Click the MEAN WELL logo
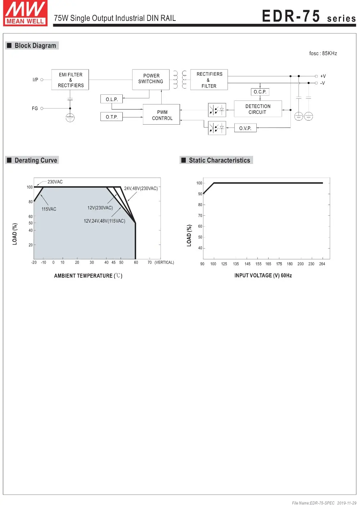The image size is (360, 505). click(25, 13)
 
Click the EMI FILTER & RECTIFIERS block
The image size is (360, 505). click(70, 80)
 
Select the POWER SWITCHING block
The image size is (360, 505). click(151, 79)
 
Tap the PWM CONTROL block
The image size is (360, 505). click(162, 115)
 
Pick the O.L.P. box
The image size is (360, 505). click(112, 99)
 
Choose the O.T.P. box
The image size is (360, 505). click(112, 117)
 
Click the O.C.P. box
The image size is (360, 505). click(260, 92)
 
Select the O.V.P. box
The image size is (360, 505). click(245, 128)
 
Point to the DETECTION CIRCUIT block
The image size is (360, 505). click(258, 109)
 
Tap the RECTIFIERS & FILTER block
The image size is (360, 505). click(209, 80)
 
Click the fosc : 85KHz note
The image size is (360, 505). click(323, 53)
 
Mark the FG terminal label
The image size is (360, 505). click(35, 108)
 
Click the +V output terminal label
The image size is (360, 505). click(323, 76)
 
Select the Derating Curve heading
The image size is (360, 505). click(36, 160)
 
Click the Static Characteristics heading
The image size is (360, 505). click(219, 160)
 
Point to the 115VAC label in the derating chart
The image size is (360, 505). click(49, 209)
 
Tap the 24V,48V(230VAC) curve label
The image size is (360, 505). click(141, 188)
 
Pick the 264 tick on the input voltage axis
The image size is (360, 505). click(322, 264)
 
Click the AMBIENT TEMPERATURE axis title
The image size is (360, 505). click(88, 276)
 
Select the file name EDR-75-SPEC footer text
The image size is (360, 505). click(313, 503)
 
